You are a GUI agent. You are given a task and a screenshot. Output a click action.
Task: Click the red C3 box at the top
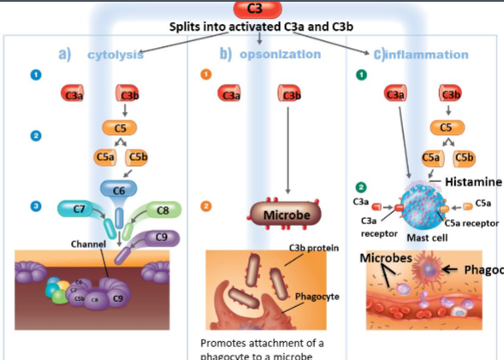[254, 9]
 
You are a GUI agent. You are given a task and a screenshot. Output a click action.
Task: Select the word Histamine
[474, 182]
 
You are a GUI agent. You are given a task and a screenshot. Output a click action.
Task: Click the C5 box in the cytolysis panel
[119, 127]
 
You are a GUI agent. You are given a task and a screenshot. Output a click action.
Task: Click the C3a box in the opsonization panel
[229, 94]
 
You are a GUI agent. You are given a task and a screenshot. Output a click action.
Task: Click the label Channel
[87, 245]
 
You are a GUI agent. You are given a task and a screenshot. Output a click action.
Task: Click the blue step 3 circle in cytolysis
[35, 206]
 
